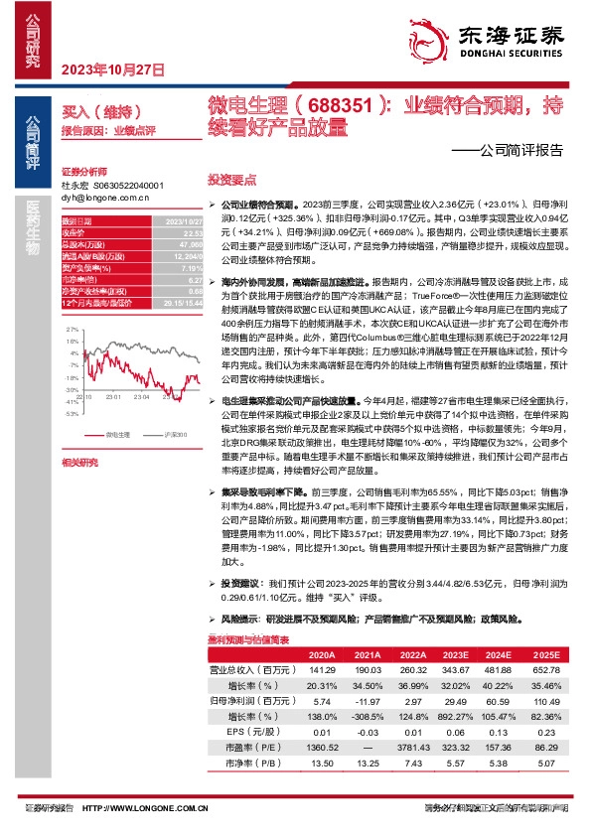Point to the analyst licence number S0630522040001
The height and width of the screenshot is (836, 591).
[127, 186]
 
